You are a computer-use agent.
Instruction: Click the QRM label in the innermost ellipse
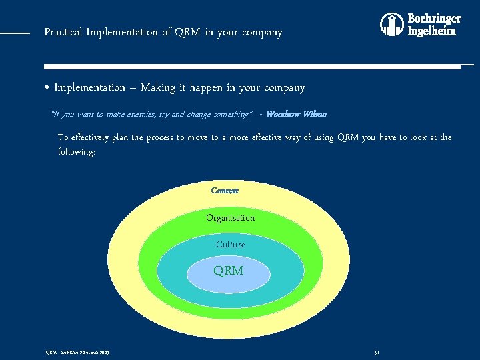pyautogui.click(x=228, y=271)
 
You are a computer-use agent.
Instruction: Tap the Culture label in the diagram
pyautogui.click(x=231, y=245)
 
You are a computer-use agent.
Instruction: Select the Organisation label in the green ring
pyautogui.click(x=230, y=218)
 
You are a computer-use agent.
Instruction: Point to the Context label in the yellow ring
pyautogui.click(x=225, y=191)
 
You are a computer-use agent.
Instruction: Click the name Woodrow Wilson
pyautogui.click(x=296, y=114)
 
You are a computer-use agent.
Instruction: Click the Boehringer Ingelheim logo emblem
pyautogui.click(x=392, y=25)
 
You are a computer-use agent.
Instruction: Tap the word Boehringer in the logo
pyautogui.click(x=434, y=19)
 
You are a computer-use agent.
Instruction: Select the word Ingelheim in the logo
pyautogui.click(x=432, y=31)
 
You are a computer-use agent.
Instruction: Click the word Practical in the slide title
pyautogui.click(x=63, y=32)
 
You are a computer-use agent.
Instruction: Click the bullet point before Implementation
pyautogui.click(x=47, y=88)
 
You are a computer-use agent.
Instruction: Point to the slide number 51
pyautogui.click(x=377, y=352)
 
